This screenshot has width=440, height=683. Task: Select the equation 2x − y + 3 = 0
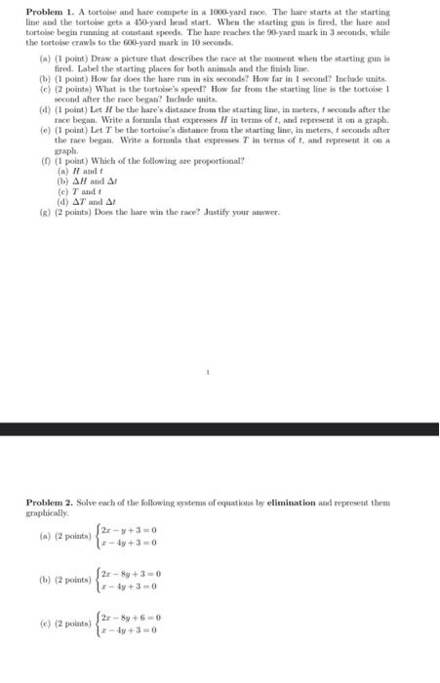tap(129, 531)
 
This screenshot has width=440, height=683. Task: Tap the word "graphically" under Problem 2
tap(48, 511)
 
